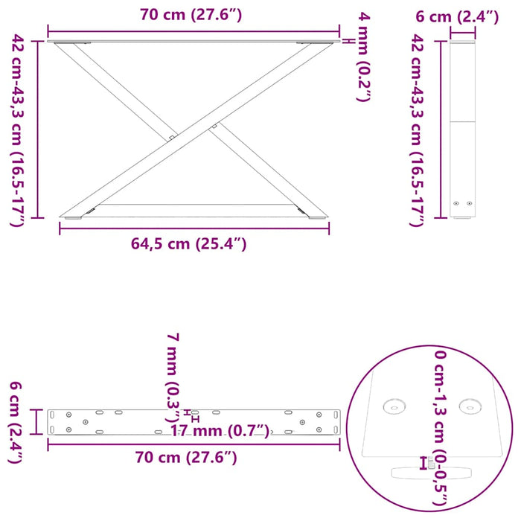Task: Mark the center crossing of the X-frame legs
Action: (x=194, y=131)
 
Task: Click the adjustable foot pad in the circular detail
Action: (x=432, y=472)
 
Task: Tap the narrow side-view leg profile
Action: (x=462, y=127)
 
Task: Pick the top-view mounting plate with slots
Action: (x=194, y=421)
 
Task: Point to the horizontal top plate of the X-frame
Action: (x=194, y=41)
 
